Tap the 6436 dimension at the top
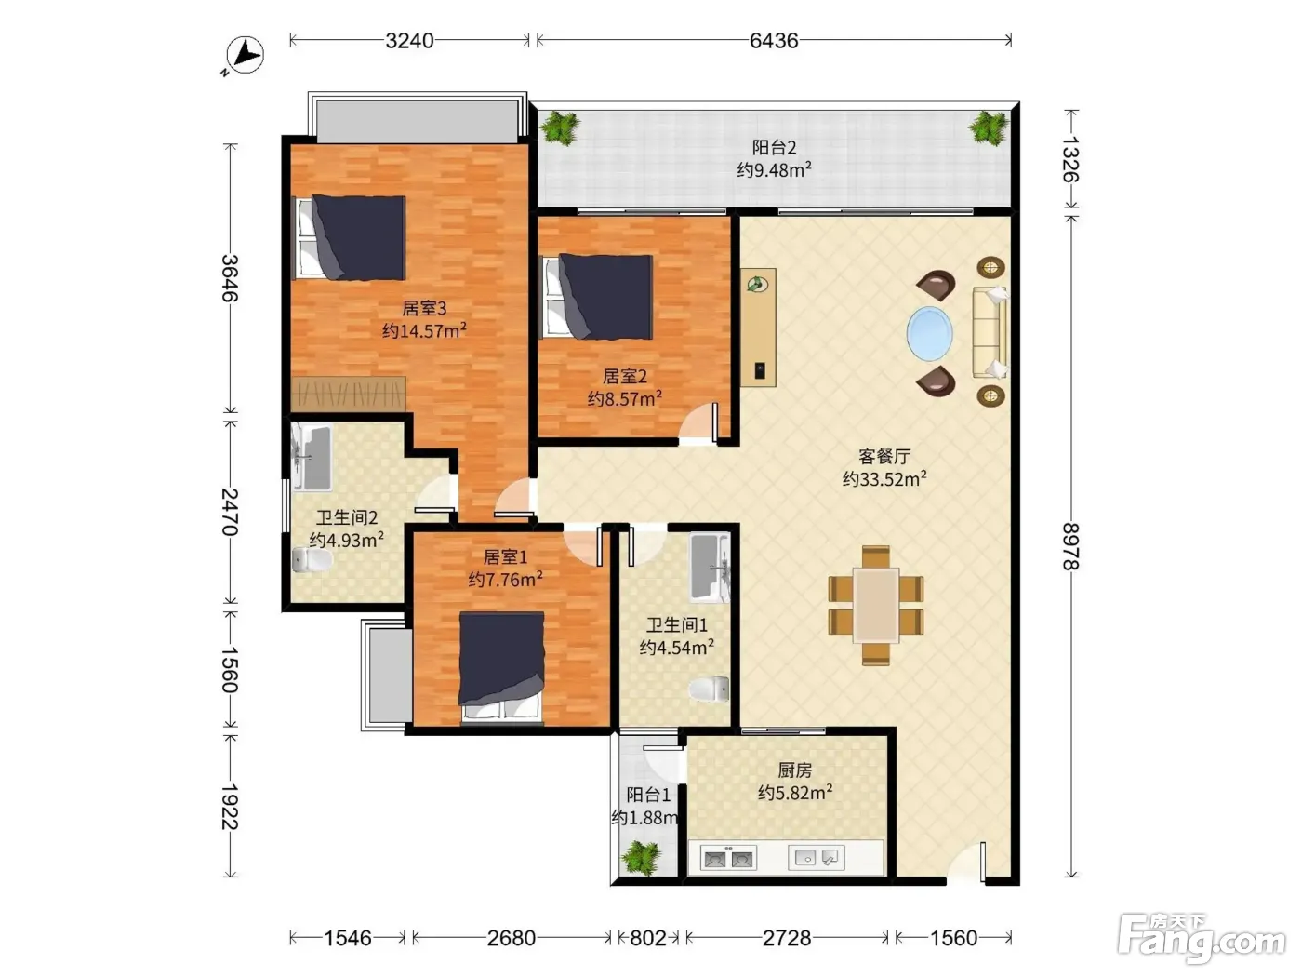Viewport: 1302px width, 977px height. (774, 40)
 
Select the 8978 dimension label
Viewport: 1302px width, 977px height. (1070, 546)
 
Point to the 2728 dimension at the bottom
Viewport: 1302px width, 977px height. (787, 938)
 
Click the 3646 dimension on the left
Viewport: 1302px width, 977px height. (230, 278)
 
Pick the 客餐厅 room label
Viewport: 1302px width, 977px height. (884, 456)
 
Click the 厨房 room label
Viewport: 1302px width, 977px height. (795, 770)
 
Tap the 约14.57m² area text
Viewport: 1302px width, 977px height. (424, 330)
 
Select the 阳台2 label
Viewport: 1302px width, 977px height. (774, 147)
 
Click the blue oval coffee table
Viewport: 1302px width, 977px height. (929, 333)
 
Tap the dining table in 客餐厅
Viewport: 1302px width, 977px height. (876, 605)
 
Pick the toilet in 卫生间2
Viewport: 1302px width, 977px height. (312, 560)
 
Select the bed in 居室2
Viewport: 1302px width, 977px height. (598, 297)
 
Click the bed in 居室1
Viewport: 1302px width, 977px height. (502, 667)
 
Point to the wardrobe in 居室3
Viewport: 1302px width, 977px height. (348, 394)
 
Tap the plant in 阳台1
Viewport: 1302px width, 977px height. (640, 857)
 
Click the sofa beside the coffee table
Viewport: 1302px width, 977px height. (990, 333)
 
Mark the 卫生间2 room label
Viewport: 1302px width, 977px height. (346, 517)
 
